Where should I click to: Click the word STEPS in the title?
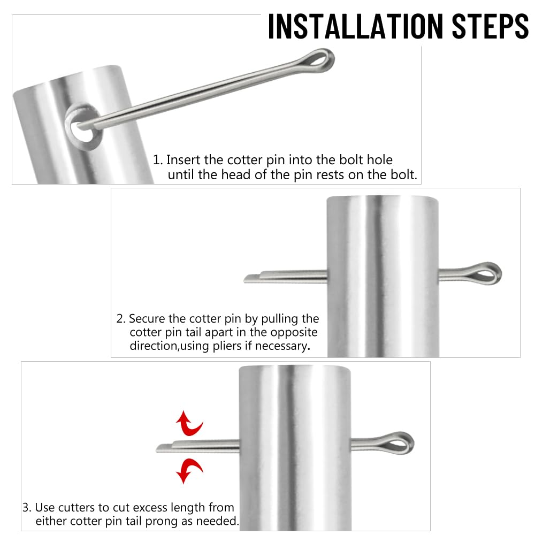coord(490,26)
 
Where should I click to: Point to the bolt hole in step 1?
coord(82,127)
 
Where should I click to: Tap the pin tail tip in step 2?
coord(245,280)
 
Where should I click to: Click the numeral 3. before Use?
coord(27,507)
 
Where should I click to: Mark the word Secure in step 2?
coord(147,319)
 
